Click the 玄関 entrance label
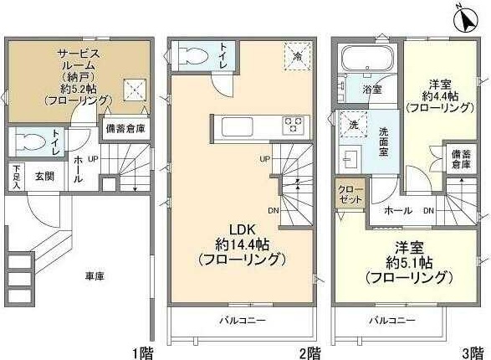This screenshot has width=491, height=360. coord(44,177)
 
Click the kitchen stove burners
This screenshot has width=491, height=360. coord(295,126)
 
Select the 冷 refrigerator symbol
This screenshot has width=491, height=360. coord(299,55)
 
